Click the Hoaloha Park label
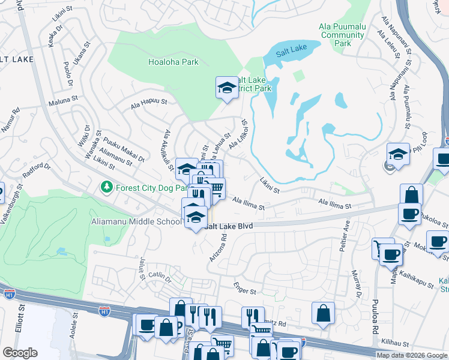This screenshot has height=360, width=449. (173, 61)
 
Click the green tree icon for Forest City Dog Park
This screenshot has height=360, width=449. (107, 187)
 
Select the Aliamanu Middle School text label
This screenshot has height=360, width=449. (136, 222)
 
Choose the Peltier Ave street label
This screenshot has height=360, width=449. (346, 238)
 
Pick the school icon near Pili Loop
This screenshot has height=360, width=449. (398, 154)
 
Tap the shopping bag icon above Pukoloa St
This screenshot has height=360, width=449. (411, 194)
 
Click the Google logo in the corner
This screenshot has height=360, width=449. (20, 353)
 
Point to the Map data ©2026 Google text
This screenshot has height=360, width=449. (412, 355)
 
